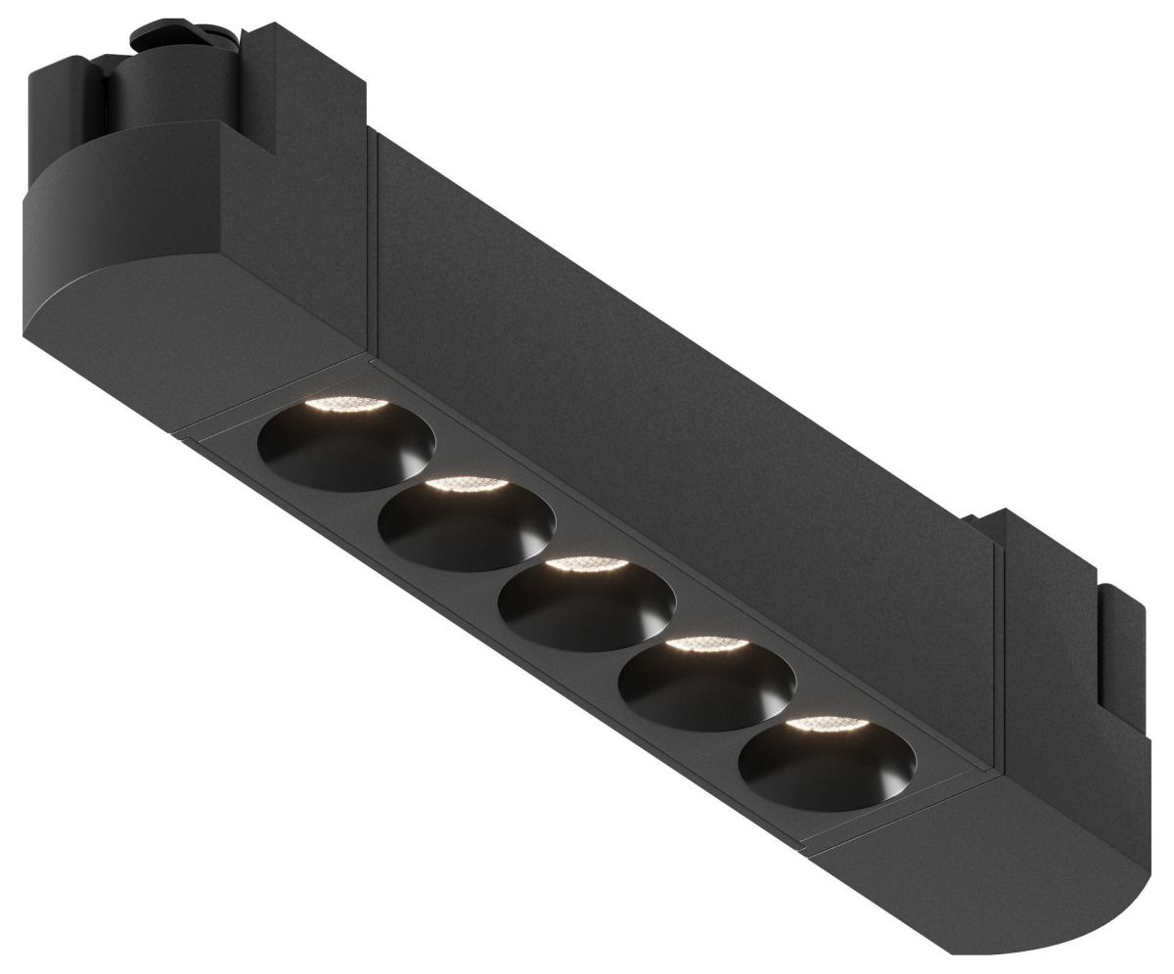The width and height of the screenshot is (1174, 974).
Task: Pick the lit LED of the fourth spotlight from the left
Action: coord(705,644)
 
